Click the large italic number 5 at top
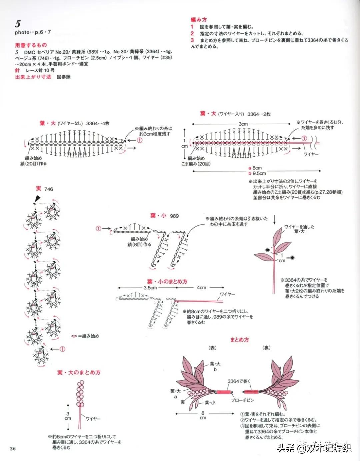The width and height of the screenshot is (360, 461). (18, 24)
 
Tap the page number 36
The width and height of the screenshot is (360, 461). (13, 448)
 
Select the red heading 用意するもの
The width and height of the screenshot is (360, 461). (31, 45)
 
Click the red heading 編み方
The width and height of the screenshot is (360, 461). (199, 20)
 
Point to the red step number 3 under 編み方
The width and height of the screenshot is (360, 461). (192, 40)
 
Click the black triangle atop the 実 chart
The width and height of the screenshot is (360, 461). (37, 199)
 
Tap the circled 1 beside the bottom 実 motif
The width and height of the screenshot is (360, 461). (62, 349)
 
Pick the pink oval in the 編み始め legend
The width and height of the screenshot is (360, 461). (74, 336)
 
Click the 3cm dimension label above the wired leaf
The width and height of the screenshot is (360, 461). (243, 124)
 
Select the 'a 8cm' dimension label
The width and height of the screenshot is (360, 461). (255, 168)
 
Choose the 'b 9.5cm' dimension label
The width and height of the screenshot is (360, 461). (257, 173)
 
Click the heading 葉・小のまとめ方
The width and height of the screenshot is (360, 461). (167, 282)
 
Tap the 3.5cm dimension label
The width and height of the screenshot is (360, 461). (150, 288)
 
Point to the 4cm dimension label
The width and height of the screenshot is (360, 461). (201, 288)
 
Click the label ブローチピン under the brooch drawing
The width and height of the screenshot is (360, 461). (242, 400)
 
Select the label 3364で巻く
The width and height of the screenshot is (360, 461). (239, 381)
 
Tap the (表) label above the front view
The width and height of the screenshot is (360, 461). (212, 348)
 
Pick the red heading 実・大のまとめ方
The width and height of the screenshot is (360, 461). (79, 372)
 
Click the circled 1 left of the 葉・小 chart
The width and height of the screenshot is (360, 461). (98, 228)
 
